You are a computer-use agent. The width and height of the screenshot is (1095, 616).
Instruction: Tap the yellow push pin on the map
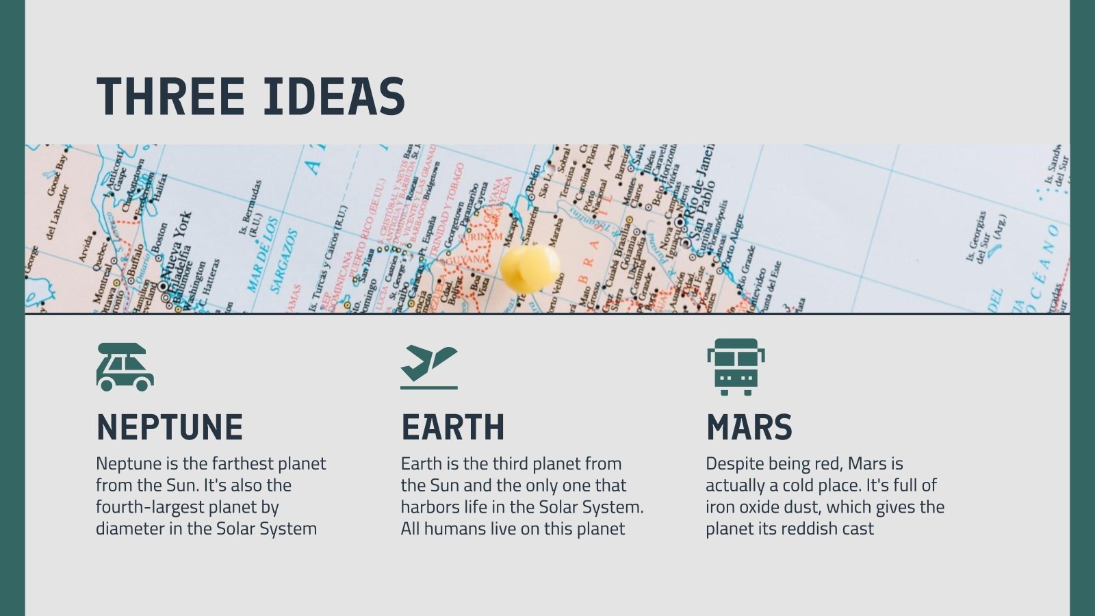[x=529, y=268]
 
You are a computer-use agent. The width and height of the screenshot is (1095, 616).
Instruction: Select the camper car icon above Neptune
[x=125, y=367]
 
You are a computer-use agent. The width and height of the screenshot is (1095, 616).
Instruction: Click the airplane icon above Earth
[x=429, y=367]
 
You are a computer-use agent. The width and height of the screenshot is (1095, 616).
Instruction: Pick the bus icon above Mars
[x=736, y=367]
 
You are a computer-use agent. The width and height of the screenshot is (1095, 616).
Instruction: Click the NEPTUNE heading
[x=170, y=428]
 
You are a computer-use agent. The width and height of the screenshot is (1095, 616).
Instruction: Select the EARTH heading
[x=452, y=428]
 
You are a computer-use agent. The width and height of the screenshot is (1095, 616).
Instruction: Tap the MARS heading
[x=749, y=428]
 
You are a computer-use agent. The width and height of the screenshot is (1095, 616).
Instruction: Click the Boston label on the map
[x=160, y=240]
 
